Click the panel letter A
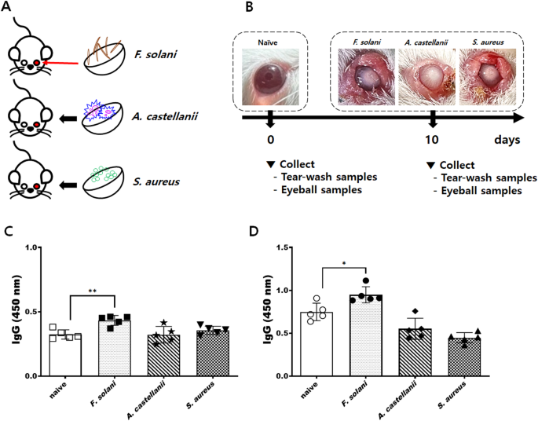9,9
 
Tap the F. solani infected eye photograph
364,76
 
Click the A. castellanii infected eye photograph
426,76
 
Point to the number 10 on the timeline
432,140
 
